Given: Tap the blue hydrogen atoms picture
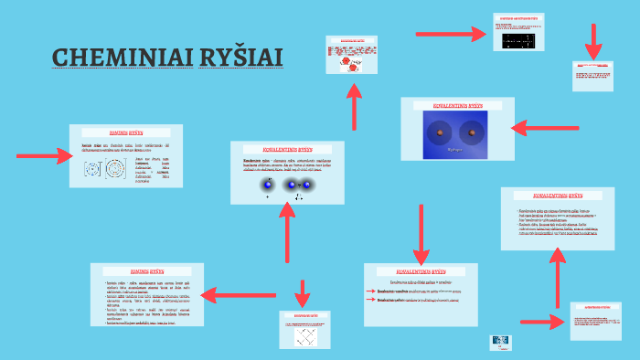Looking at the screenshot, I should point(455,136).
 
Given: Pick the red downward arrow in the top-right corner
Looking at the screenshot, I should point(594,41).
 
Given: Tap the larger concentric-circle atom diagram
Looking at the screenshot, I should point(116,169).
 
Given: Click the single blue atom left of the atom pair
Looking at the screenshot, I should point(267,185).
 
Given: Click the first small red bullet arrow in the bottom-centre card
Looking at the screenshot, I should point(370,290).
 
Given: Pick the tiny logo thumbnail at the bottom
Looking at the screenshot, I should point(501,343).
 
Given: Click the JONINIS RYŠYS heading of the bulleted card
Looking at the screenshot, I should point(147,270).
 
